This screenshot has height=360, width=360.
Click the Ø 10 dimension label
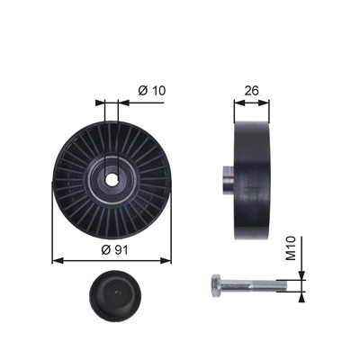[x=152, y=90]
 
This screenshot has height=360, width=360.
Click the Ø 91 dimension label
[x=114, y=249]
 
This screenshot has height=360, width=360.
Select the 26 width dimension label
[x=251, y=91]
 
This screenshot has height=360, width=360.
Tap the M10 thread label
[x=291, y=248]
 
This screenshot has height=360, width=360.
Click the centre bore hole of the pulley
[x=112, y=180]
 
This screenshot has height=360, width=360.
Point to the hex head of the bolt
[x=216, y=285]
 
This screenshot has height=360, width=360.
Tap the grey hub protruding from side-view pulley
[x=229, y=180]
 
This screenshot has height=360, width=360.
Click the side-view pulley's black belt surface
[x=252, y=181]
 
